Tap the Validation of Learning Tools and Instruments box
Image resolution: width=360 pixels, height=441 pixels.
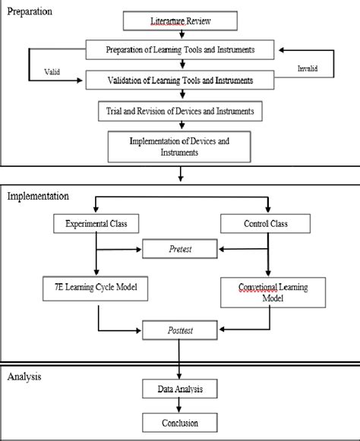click(x=180, y=79)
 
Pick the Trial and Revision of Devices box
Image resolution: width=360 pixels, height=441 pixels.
click(x=180, y=111)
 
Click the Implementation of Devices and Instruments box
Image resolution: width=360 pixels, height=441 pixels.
click(x=180, y=145)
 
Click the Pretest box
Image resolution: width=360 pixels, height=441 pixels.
click(x=180, y=249)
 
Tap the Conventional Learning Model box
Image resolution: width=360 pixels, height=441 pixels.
click(x=270, y=291)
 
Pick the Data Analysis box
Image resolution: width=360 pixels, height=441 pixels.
click(x=180, y=389)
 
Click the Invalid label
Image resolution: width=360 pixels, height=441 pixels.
click(x=307, y=68)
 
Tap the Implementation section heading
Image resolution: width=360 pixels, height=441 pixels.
click(x=38, y=195)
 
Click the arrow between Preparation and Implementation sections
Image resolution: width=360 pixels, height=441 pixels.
click(x=180, y=173)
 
